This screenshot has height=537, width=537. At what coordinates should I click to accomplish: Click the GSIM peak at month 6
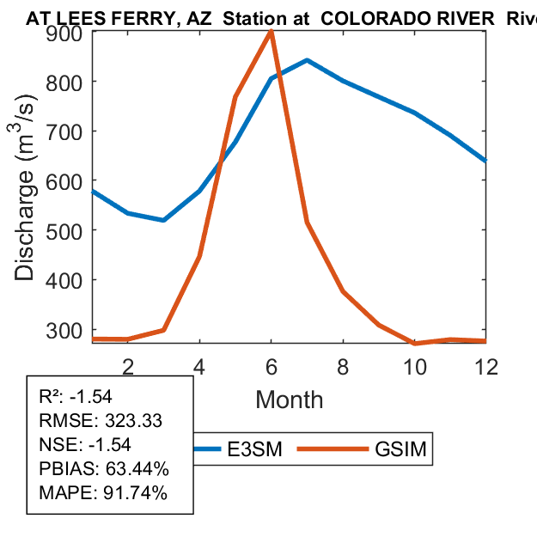[272, 32]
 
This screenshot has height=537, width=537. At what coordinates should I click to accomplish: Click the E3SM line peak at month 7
[307, 60]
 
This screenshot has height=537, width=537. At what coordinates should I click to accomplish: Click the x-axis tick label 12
[486, 365]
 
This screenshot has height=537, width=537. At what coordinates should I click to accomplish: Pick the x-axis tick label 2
[127, 365]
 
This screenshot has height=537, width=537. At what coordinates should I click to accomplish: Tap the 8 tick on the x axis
[343, 365]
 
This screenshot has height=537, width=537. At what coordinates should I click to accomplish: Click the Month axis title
[290, 400]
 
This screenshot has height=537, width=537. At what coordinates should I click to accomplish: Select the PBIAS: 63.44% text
[104, 469]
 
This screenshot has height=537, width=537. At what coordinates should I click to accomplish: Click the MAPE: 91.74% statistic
[103, 493]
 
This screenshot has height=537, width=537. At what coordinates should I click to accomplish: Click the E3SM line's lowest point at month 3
[163, 220]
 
